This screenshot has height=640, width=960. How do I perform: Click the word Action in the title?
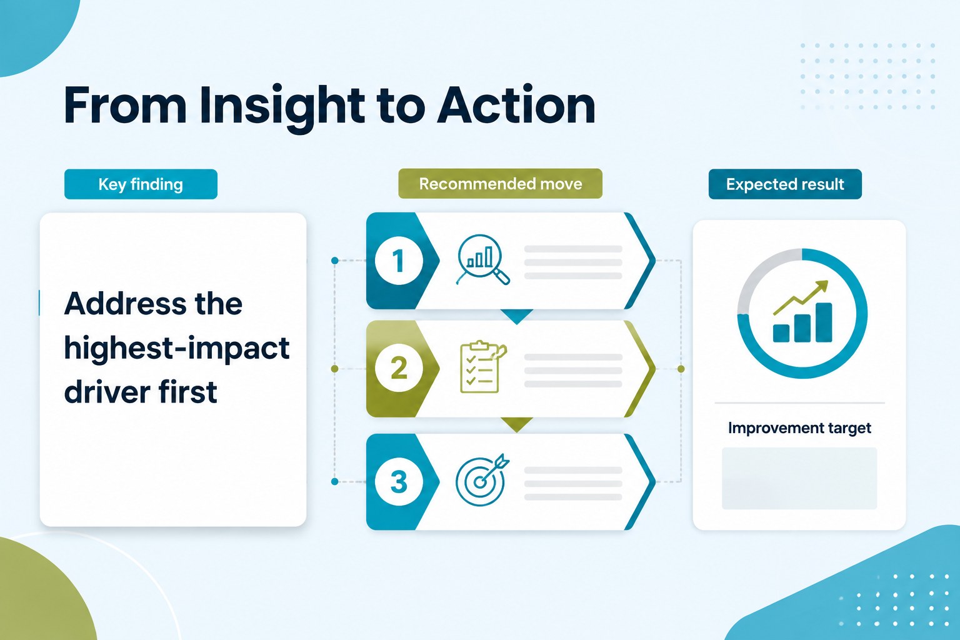click(516, 105)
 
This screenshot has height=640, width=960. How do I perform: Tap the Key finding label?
click(141, 184)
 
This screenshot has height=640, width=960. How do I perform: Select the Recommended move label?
click(500, 184)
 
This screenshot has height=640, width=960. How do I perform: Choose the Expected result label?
click(785, 184)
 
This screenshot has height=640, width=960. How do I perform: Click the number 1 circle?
click(399, 261)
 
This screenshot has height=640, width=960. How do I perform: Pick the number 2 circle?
click(399, 368)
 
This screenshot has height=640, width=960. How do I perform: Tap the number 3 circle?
click(399, 481)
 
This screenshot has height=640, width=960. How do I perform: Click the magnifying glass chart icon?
click(482, 260)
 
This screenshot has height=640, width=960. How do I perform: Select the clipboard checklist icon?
click(482, 367)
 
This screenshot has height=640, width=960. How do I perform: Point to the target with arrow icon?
click(482, 480)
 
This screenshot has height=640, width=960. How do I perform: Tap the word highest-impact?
click(177, 348)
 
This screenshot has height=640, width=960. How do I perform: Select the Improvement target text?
click(799, 428)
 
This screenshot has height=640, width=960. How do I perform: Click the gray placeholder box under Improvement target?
click(799, 478)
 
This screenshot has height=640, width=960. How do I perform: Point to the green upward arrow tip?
click(827, 282)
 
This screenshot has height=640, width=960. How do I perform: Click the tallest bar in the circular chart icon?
click(824, 322)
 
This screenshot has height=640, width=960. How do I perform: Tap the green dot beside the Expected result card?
click(681, 369)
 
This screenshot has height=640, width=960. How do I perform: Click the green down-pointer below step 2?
click(516, 424)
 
